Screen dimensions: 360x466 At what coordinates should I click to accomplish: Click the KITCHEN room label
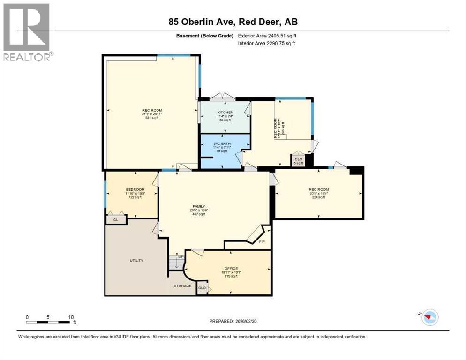(225, 112)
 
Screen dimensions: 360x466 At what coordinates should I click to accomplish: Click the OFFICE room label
(231, 268)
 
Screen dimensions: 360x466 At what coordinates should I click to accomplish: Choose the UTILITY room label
(136, 260)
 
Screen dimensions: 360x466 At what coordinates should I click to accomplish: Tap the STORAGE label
(182, 286)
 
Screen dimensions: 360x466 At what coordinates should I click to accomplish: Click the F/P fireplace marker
(263, 242)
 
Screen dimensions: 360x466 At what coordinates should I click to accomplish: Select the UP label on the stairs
(180, 257)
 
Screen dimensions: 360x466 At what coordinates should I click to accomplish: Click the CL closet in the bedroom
(116, 219)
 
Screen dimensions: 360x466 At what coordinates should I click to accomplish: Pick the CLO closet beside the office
(202, 288)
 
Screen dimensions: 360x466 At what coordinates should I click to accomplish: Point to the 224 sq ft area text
(319, 197)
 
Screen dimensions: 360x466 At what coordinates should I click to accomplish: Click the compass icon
(429, 317)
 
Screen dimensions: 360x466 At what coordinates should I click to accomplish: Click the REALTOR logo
(27, 32)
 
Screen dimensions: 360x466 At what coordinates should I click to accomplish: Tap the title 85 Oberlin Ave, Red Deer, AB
(233, 22)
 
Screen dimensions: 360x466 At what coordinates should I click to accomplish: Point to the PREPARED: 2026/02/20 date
(233, 321)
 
